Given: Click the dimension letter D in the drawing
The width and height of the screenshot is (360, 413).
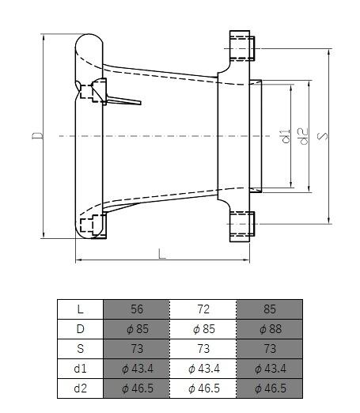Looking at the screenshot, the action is pos(37,135).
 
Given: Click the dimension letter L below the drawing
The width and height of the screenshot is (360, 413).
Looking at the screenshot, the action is pos(162,254).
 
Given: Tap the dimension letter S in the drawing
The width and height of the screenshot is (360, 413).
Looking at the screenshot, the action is pos(323,136).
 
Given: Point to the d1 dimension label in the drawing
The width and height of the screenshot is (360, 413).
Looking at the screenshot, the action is pos(286,136).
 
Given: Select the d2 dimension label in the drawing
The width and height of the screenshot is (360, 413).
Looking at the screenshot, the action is pos(302,136).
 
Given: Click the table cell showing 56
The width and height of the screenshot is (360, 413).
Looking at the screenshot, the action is pos(137,309).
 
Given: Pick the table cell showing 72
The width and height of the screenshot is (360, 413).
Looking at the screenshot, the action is pos(203,309).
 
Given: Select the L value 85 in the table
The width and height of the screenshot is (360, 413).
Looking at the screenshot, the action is pos(269,309).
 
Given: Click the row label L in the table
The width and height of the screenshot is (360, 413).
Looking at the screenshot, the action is pos(81,309).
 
